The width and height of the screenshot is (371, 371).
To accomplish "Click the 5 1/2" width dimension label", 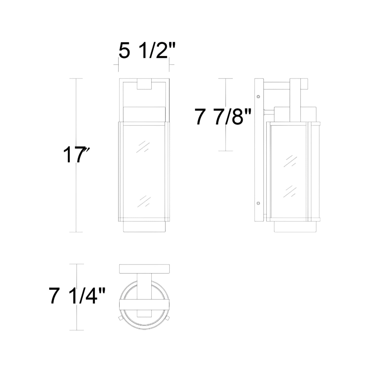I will click(147, 51).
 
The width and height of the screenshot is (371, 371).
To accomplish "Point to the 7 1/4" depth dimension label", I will click(77, 296).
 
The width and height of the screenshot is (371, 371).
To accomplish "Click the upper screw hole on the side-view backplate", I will click(258, 97).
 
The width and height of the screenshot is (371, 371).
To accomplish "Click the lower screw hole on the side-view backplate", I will click(258, 203).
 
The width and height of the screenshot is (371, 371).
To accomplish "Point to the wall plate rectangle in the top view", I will click(144, 269).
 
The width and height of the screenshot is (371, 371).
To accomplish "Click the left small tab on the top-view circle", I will click(120, 318).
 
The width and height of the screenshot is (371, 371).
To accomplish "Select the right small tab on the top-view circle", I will click(168, 318).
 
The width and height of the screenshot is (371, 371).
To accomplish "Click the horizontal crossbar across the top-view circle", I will click(144, 305).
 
